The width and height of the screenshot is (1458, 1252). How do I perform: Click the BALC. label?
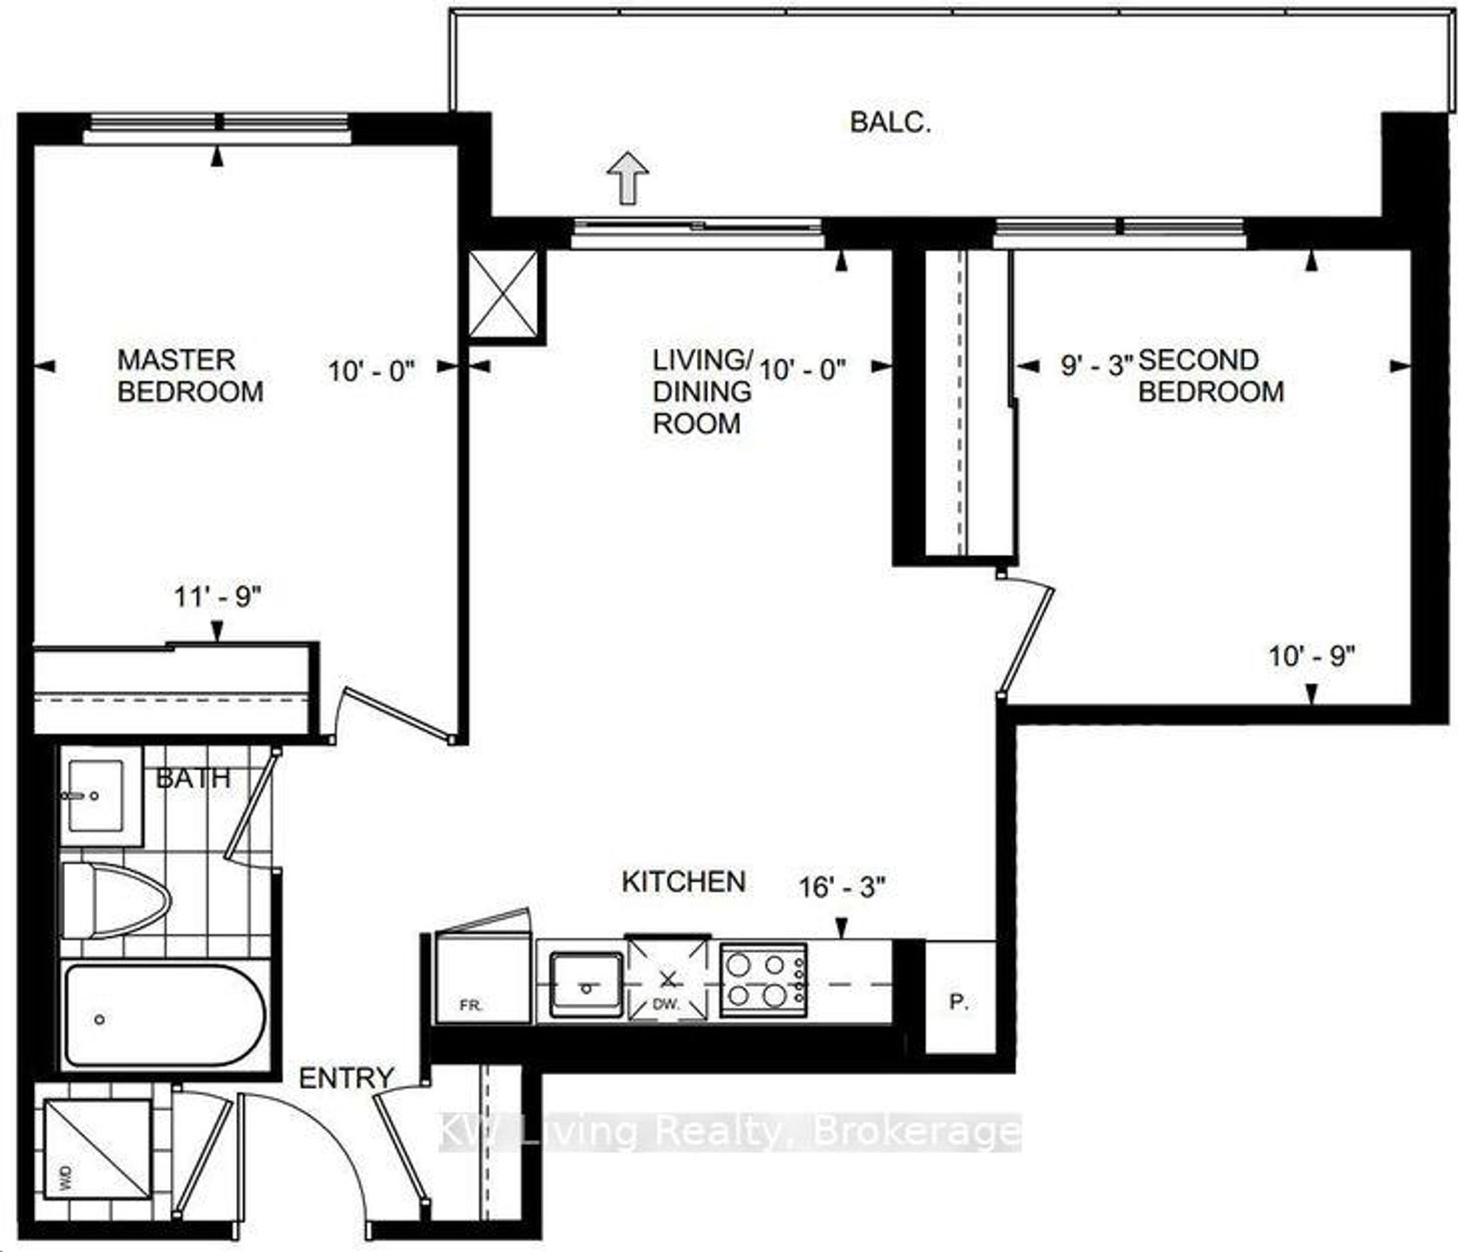click(890, 122)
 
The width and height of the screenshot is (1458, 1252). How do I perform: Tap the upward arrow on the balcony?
click(627, 176)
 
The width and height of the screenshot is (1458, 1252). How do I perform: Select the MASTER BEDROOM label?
click(190, 375)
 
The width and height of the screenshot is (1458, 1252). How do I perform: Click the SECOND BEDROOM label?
click(1211, 375)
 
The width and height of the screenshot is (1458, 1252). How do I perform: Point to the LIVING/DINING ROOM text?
click(703, 391)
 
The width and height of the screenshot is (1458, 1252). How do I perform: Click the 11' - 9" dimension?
click(217, 597)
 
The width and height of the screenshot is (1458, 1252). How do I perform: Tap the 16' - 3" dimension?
click(843, 887)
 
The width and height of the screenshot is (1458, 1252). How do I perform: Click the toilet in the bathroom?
click(115, 900)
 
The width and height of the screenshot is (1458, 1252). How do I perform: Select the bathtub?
click(164, 1016)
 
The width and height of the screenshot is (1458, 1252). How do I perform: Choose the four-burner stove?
click(764, 979)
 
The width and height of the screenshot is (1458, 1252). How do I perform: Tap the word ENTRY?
click(346, 1078)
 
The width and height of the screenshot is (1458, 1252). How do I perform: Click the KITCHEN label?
click(684, 882)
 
